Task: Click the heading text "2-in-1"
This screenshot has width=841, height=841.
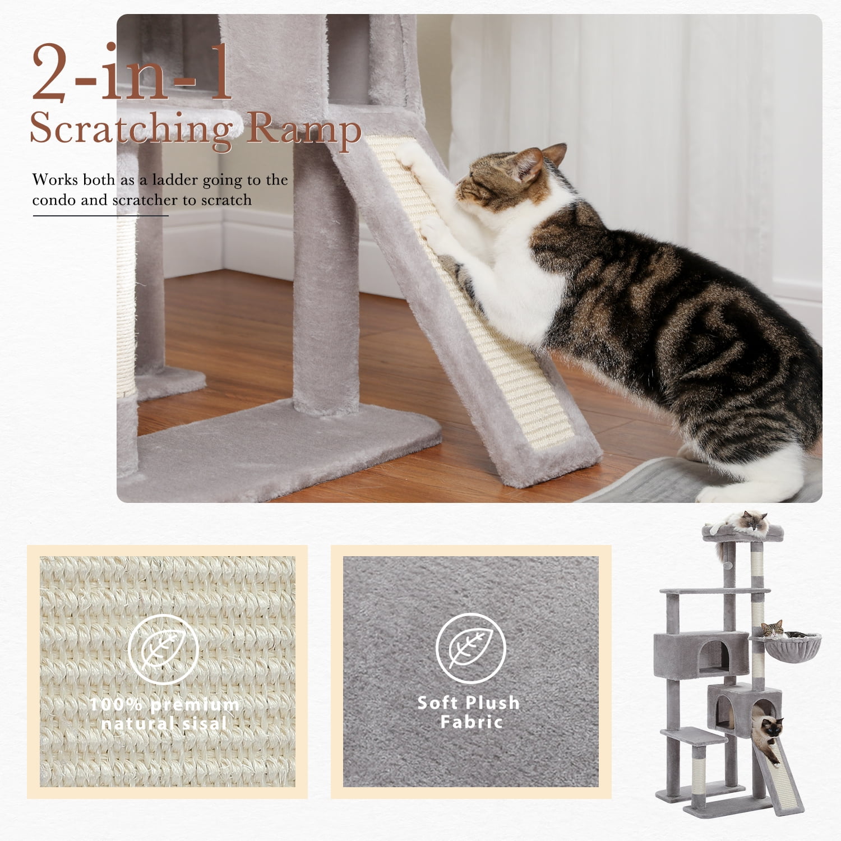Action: (x=132, y=73)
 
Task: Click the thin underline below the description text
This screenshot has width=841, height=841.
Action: (x=101, y=215)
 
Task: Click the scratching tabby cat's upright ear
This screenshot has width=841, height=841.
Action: (x=555, y=154)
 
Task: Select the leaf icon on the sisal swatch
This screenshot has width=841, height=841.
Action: (x=163, y=649)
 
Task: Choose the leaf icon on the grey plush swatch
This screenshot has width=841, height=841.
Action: (x=471, y=648)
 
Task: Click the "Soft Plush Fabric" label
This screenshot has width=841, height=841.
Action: (x=469, y=712)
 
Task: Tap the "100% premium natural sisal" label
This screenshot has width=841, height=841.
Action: (x=164, y=714)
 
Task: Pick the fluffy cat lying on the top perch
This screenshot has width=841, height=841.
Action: (x=739, y=522)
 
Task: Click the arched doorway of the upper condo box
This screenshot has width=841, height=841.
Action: (x=714, y=657)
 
